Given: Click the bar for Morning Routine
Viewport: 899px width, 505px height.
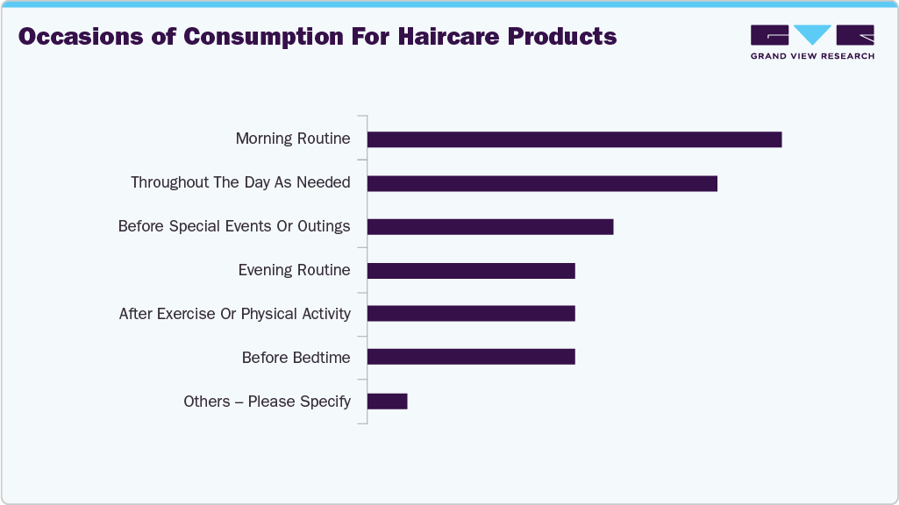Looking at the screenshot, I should point(574,139).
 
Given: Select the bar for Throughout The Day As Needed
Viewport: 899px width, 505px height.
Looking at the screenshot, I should point(542,183).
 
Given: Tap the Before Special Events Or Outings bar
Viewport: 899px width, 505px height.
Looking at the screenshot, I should point(489,227).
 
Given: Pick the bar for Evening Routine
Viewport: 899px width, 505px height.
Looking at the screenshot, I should point(471,270).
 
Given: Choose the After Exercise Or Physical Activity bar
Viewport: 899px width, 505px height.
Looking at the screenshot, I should point(471,314).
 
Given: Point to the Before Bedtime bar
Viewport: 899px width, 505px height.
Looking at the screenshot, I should point(471,357).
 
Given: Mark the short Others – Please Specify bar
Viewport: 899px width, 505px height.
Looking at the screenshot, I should point(387,401).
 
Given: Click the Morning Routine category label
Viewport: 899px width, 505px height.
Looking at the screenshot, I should point(293,139).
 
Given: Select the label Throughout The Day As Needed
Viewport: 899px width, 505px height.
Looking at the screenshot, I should point(240,183).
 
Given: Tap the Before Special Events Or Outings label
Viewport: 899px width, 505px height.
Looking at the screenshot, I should point(234,227).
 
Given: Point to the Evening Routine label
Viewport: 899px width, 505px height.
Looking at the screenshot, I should point(294,270).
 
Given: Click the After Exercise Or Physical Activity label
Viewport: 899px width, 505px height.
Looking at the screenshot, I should point(234,314).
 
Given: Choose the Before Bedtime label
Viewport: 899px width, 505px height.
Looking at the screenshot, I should point(296,358).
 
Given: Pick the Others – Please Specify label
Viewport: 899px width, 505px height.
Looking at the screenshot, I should point(267,402).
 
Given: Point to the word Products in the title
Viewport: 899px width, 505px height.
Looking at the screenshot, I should point(569,37).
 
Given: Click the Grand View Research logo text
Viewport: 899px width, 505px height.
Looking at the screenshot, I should point(812,56).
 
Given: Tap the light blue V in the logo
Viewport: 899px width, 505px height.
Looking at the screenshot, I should point(813,34).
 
